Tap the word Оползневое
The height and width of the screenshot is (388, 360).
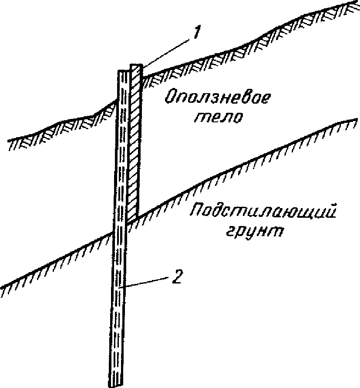coord(216,98)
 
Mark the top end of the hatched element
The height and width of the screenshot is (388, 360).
coord(136,65)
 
